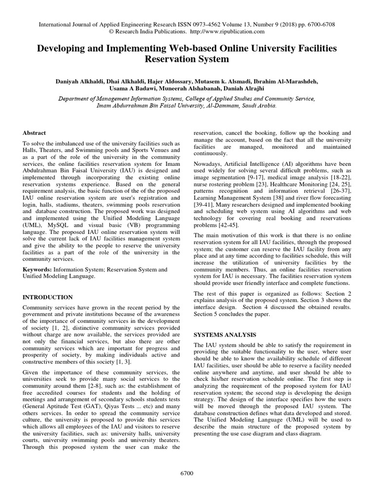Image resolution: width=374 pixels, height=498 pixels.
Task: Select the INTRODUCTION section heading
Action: click(x=48, y=297)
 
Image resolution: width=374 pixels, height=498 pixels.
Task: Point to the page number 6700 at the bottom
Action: click(x=187, y=473)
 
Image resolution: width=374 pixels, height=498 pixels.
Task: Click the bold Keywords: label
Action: click(x=37, y=269)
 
